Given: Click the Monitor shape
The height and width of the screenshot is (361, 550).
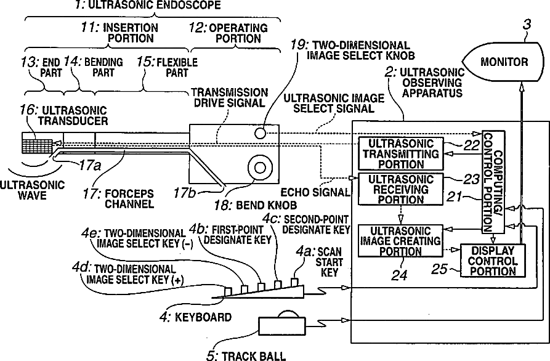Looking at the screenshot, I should [x=503, y=62].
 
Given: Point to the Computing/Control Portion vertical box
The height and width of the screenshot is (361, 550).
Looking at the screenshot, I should [x=492, y=185].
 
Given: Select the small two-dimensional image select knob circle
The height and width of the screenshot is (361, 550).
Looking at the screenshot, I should [x=262, y=132].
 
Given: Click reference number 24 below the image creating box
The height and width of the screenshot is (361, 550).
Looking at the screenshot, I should [x=399, y=275].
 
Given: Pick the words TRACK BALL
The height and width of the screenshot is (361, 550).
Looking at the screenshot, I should [x=253, y=355].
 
